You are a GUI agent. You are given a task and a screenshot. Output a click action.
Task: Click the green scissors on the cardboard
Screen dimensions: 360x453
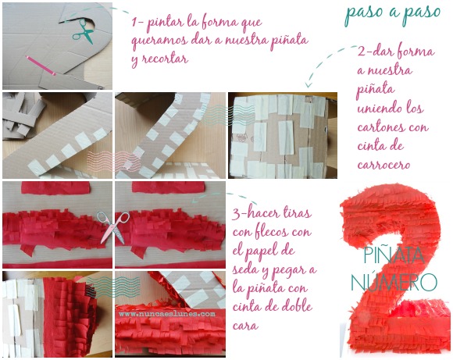(83, 31)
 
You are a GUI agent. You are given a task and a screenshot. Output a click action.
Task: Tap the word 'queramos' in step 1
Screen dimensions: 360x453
(159, 41)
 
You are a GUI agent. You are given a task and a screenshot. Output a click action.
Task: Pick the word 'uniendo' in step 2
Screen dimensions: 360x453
(378, 109)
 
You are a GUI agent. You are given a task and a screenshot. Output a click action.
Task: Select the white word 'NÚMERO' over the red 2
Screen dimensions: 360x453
(394, 280)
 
